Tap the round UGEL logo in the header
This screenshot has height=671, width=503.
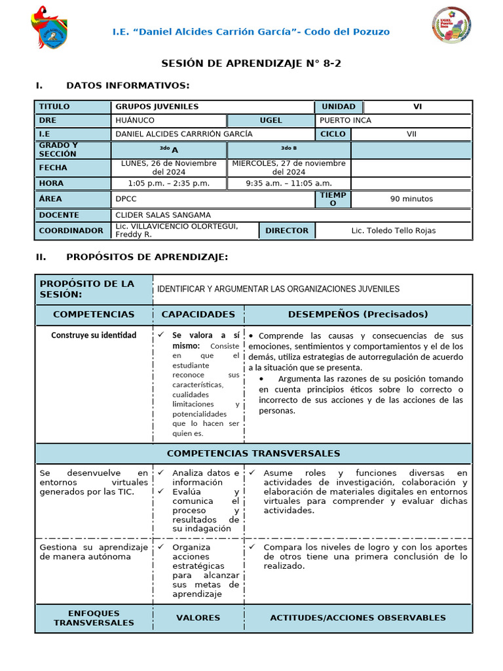pyautogui.click(x=451, y=26)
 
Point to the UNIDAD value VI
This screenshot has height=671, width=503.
pyautogui.click(x=417, y=107)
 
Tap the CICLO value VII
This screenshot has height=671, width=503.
pyautogui.click(x=411, y=134)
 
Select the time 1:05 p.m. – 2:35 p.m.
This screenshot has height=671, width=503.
pyautogui.click(x=169, y=183)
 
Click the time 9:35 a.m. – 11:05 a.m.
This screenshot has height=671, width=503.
pyautogui.click(x=289, y=183)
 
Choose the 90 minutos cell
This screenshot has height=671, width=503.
pyautogui.click(x=411, y=199)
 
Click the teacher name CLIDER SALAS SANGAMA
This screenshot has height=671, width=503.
pyautogui.click(x=164, y=215)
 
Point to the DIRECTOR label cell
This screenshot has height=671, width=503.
pyautogui.click(x=287, y=231)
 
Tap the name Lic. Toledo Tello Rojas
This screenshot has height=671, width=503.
pyautogui.click(x=393, y=231)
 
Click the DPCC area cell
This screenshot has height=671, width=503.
pyautogui.click(x=126, y=198)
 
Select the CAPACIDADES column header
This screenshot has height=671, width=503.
pyautogui.click(x=198, y=315)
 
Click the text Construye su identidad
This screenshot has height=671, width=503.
pyautogui.click(x=94, y=335)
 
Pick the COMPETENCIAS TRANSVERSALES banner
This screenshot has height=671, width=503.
pyautogui.click(x=253, y=453)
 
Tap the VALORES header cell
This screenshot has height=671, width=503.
pyautogui.click(x=198, y=618)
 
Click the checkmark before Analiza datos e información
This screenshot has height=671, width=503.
pyautogui.click(x=160, y=472)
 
